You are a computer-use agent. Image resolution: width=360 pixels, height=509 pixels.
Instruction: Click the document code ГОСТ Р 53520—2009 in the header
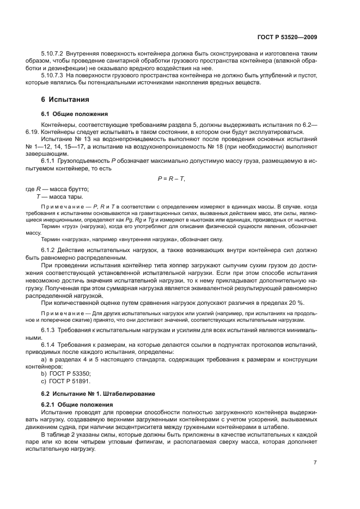click(x=287, y=37)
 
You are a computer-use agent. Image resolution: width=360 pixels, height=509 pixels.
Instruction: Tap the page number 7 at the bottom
click(x=315, y=462)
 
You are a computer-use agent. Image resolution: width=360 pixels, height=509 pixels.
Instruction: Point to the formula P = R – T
click(x=170, y=179)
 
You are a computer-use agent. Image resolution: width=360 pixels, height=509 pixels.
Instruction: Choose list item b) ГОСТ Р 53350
click(x=66, y=373)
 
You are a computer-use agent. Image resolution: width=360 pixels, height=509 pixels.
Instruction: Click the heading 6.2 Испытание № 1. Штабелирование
click(x=98, y=393)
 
